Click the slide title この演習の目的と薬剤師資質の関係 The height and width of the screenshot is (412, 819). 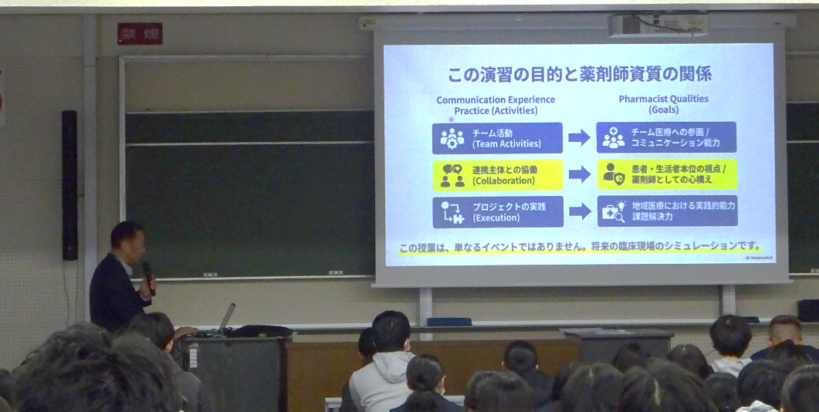(579, 75)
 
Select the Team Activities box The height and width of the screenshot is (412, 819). (497, 138)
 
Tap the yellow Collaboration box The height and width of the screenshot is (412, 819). (497, 175)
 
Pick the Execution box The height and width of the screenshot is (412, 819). (497, 212)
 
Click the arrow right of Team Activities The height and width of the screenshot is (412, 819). (580, 138)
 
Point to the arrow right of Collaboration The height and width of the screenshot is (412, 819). (580, 174)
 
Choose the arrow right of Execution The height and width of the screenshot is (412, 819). (580, 211)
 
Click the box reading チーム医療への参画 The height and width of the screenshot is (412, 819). (666, 137)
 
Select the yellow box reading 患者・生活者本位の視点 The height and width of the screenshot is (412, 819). (666, 174)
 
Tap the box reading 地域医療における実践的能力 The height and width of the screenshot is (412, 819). (667, 211)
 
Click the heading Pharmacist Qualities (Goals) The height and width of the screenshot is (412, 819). (663, 104)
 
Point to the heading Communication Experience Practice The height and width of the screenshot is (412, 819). (496, 105)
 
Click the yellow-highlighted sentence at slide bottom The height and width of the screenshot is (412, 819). (579, 248)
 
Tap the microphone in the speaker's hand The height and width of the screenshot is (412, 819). (148, 274)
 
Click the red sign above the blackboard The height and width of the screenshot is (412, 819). (140, 33)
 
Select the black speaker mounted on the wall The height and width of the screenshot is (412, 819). (69, 185)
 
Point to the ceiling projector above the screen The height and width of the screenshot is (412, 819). (658, 25)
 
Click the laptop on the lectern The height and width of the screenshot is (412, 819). (226, 318)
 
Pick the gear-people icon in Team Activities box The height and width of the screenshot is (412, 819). (452, 139)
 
